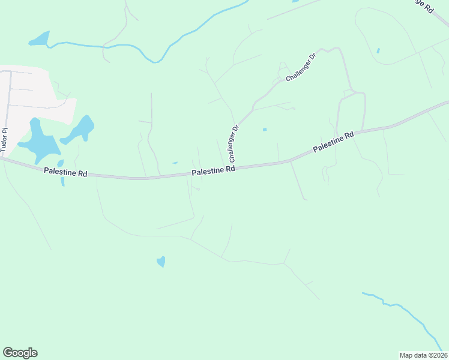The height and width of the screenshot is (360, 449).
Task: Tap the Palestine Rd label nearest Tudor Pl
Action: tap(66, 173)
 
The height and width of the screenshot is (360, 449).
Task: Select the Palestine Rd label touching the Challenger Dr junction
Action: tap(213, 172)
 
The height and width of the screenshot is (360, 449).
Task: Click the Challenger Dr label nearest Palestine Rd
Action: tap(234, 143)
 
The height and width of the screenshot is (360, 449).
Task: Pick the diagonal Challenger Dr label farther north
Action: tap(301, 68)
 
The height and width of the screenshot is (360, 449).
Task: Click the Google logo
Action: tap(20, 353)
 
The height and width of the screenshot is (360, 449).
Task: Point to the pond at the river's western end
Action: tap(39, 40)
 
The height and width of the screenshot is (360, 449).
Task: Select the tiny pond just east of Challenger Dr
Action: tap(264, 129)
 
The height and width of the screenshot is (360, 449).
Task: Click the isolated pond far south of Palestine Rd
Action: tap(161, 261)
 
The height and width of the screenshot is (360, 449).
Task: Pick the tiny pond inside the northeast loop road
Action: tap(378, 50)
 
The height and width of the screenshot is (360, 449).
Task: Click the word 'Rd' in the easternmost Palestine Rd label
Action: tap(348, 136)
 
